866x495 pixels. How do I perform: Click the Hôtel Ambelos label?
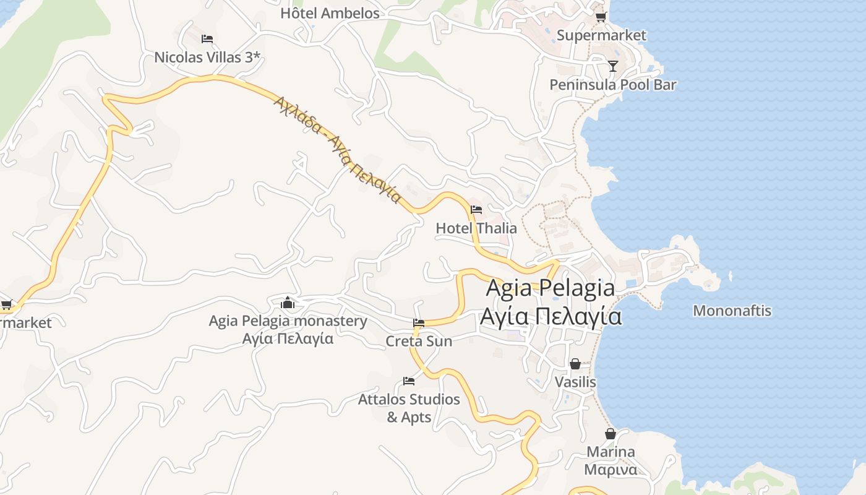click(330, 13)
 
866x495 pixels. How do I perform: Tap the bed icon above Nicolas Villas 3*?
click(207, 39)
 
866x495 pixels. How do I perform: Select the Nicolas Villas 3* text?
click(207, 58)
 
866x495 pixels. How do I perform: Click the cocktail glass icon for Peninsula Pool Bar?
click(612, 66)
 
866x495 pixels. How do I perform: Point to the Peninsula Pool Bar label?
click(612, 85)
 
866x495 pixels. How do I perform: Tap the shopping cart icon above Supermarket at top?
click(601, 17)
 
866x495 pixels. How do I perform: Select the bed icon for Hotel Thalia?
click(476, 210)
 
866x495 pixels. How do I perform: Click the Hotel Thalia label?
click(476, 228)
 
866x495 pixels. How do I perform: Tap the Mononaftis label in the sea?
click(732, 311)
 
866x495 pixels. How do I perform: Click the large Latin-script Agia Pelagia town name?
click(551, 288)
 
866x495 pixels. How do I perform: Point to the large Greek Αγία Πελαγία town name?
click(551, 316)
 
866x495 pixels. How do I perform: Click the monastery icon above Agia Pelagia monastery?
click(288, 303)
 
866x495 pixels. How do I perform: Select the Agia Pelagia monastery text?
click(288, 321)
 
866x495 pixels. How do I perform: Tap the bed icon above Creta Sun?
click(419, 323)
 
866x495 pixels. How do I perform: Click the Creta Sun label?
click(419, 341)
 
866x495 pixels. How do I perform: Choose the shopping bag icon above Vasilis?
click(575, 364)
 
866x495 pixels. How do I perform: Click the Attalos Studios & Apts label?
click(409, 408)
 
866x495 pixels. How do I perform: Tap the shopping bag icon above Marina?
click(611, 434)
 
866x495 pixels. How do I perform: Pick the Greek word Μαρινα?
click(611, 470)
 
